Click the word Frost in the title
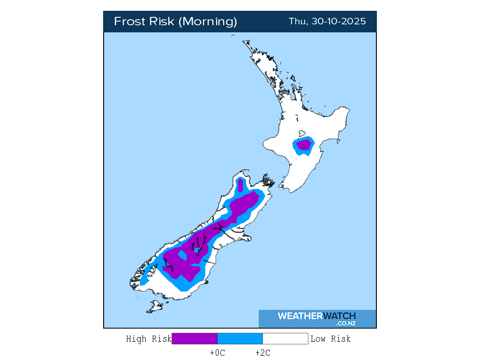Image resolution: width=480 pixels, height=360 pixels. coord(130,22)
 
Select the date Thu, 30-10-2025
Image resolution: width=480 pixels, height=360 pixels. coord(327,22)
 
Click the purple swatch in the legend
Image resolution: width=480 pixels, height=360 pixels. coord(195,338)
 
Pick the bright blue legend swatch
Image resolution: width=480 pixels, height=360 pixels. coord(240,338)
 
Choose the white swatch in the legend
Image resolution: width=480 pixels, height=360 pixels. coord(285,338)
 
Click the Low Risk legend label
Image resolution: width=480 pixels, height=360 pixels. coord(330,339)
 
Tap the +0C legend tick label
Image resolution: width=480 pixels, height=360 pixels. coord(217,353)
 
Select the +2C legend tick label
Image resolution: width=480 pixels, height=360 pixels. coord(262,353)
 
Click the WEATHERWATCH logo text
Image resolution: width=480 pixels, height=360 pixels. coord(316,316)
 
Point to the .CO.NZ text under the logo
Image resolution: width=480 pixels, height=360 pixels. coord(345,323)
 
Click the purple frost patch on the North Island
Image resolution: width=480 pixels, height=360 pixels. coord(304,145)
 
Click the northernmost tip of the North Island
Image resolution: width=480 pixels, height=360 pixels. coord(244,42)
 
